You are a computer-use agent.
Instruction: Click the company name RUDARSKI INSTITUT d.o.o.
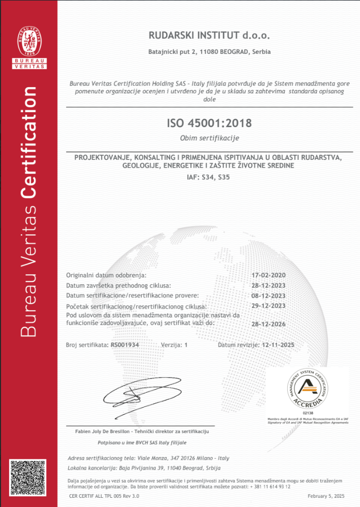(x=209, y=35)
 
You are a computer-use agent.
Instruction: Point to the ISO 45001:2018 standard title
(x=209, y=124)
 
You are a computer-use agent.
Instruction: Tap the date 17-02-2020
(x=276, y=275)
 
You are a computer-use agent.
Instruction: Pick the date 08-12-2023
(x=276, y=296)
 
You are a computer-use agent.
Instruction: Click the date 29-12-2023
(x=276, y=306)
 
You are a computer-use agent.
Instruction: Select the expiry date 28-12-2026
(x=276, y=324)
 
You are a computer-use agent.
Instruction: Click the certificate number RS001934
(x=125, y=345)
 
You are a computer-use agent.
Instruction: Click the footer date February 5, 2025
(x=326, y=496)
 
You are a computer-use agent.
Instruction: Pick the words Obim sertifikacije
(x=209, y=138)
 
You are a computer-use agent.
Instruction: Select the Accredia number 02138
(x=307, y=413)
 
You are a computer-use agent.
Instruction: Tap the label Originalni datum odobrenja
(x=106, y=275)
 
